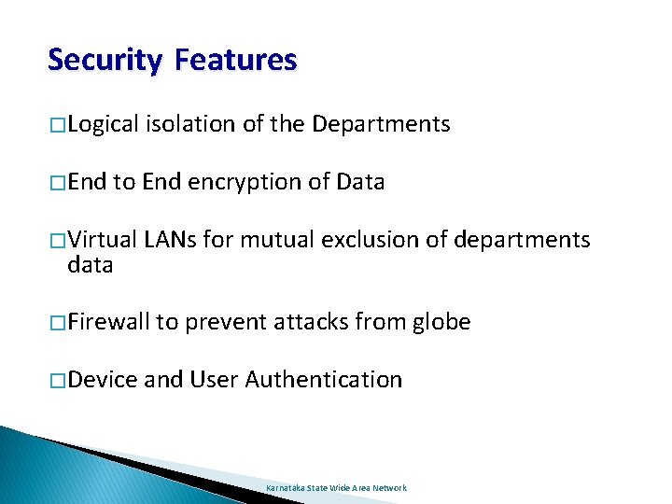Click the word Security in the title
pyautogui.click(x=105, y=61)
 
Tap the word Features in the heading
pyautogui.click(x=235, y=61)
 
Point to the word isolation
pyautogui.click(x=190, y=124)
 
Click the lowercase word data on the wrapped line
pyautogui.click(x=90, y=265)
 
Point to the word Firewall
pyautogui.click(x=108, y=323)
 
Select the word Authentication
pyautogui.click(x=323, y=380)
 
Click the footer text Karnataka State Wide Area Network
pyautogui.click(x=336, y=488)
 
